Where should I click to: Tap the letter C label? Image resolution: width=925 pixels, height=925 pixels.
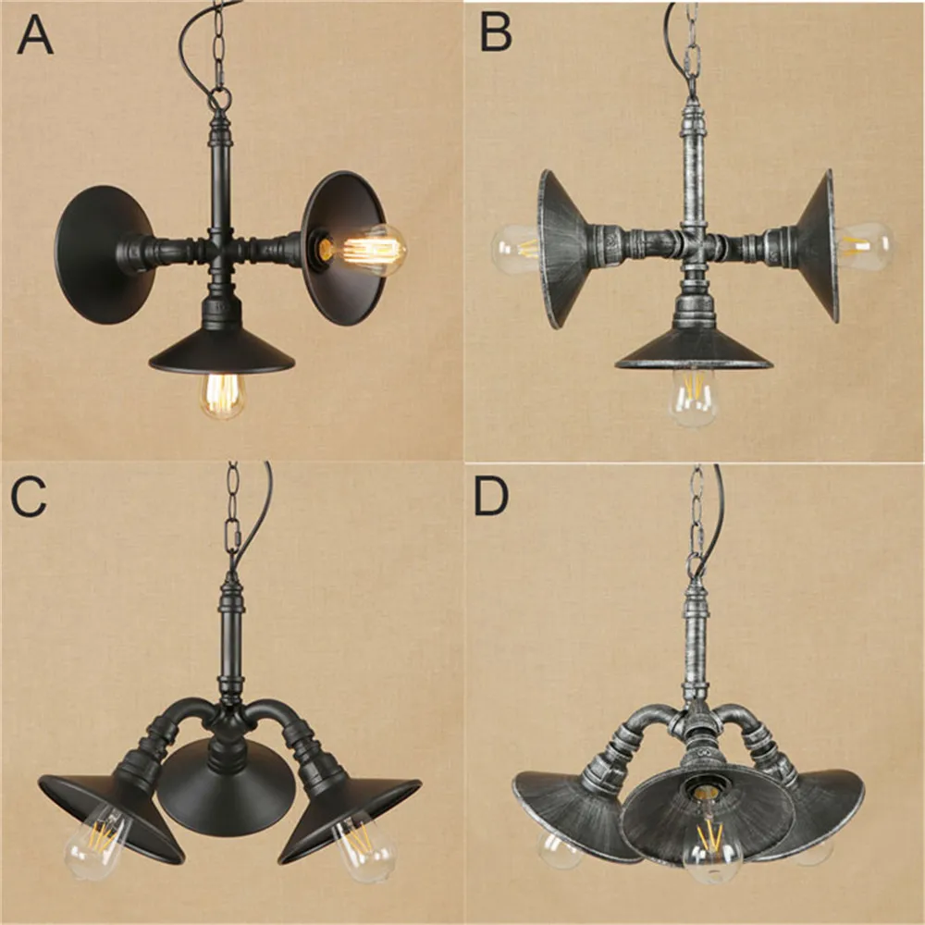point(28,497)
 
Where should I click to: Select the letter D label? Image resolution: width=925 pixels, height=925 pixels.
point(491,497)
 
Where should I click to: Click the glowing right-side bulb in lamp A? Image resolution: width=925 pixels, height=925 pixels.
point(369,250)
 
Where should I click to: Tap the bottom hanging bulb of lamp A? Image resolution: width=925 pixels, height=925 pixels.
point(222,396)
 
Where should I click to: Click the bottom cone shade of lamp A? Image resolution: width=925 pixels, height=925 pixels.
point(221,351)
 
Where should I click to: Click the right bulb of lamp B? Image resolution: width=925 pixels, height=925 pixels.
point(865,245)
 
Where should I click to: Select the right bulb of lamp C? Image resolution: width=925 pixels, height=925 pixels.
point(364,847)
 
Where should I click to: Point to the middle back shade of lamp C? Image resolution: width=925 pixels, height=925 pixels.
point(228,784)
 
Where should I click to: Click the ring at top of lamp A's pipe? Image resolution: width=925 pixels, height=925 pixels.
point(219,96)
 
